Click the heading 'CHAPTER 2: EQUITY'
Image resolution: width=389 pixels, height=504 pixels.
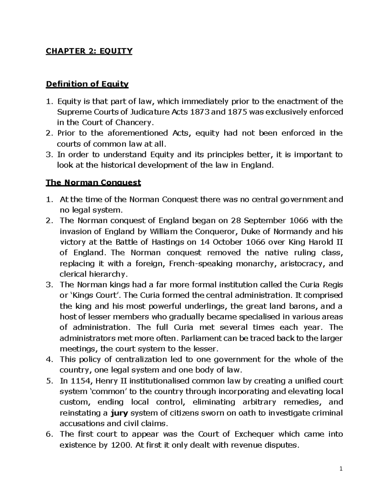tap(89, 51)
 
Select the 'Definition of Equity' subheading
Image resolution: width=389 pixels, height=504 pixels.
tap(87, 84)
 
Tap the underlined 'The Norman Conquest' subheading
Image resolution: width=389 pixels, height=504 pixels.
tap(93, 182)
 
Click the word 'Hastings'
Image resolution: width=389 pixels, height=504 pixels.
tap(171, 242)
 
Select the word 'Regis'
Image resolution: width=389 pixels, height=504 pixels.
tap(332, 285)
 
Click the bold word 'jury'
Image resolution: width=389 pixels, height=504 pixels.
tap(119, 413)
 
